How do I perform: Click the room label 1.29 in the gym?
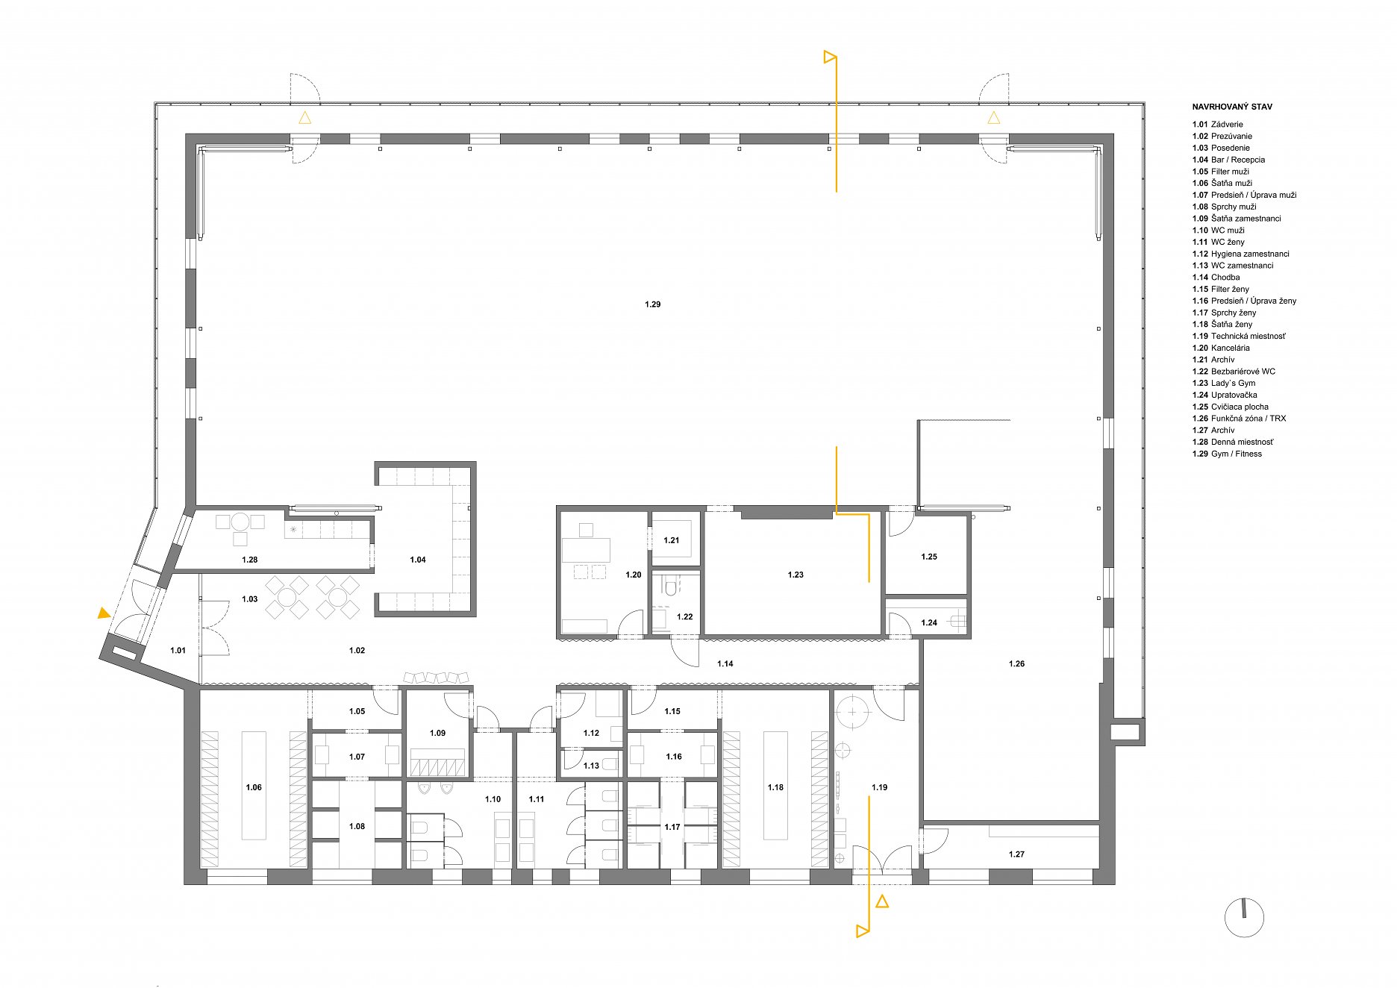point(652,304)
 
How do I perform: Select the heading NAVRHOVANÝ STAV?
point(1232,107)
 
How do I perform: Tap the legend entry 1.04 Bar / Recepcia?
point(1228,160)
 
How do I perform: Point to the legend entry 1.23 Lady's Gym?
point(1224,383)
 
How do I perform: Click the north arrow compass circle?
point(1244,918)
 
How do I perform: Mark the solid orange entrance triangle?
point(104,613)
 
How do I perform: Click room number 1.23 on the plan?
point(796,575)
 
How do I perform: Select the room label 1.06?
point(254,787)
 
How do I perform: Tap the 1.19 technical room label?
point(879,787)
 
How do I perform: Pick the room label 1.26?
point(1016,663)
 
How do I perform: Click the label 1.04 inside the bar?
point(418,560)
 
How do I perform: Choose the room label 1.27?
point(1016,854)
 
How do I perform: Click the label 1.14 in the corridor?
point(725,663)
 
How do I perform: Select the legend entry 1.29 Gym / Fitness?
point(1227,454)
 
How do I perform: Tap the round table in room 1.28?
point(240,522)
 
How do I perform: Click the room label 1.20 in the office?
point(634,575)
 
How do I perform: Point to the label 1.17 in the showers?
point(672,827)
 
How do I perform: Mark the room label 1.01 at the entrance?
point(178,651)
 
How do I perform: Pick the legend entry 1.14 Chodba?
point(1216,278)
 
